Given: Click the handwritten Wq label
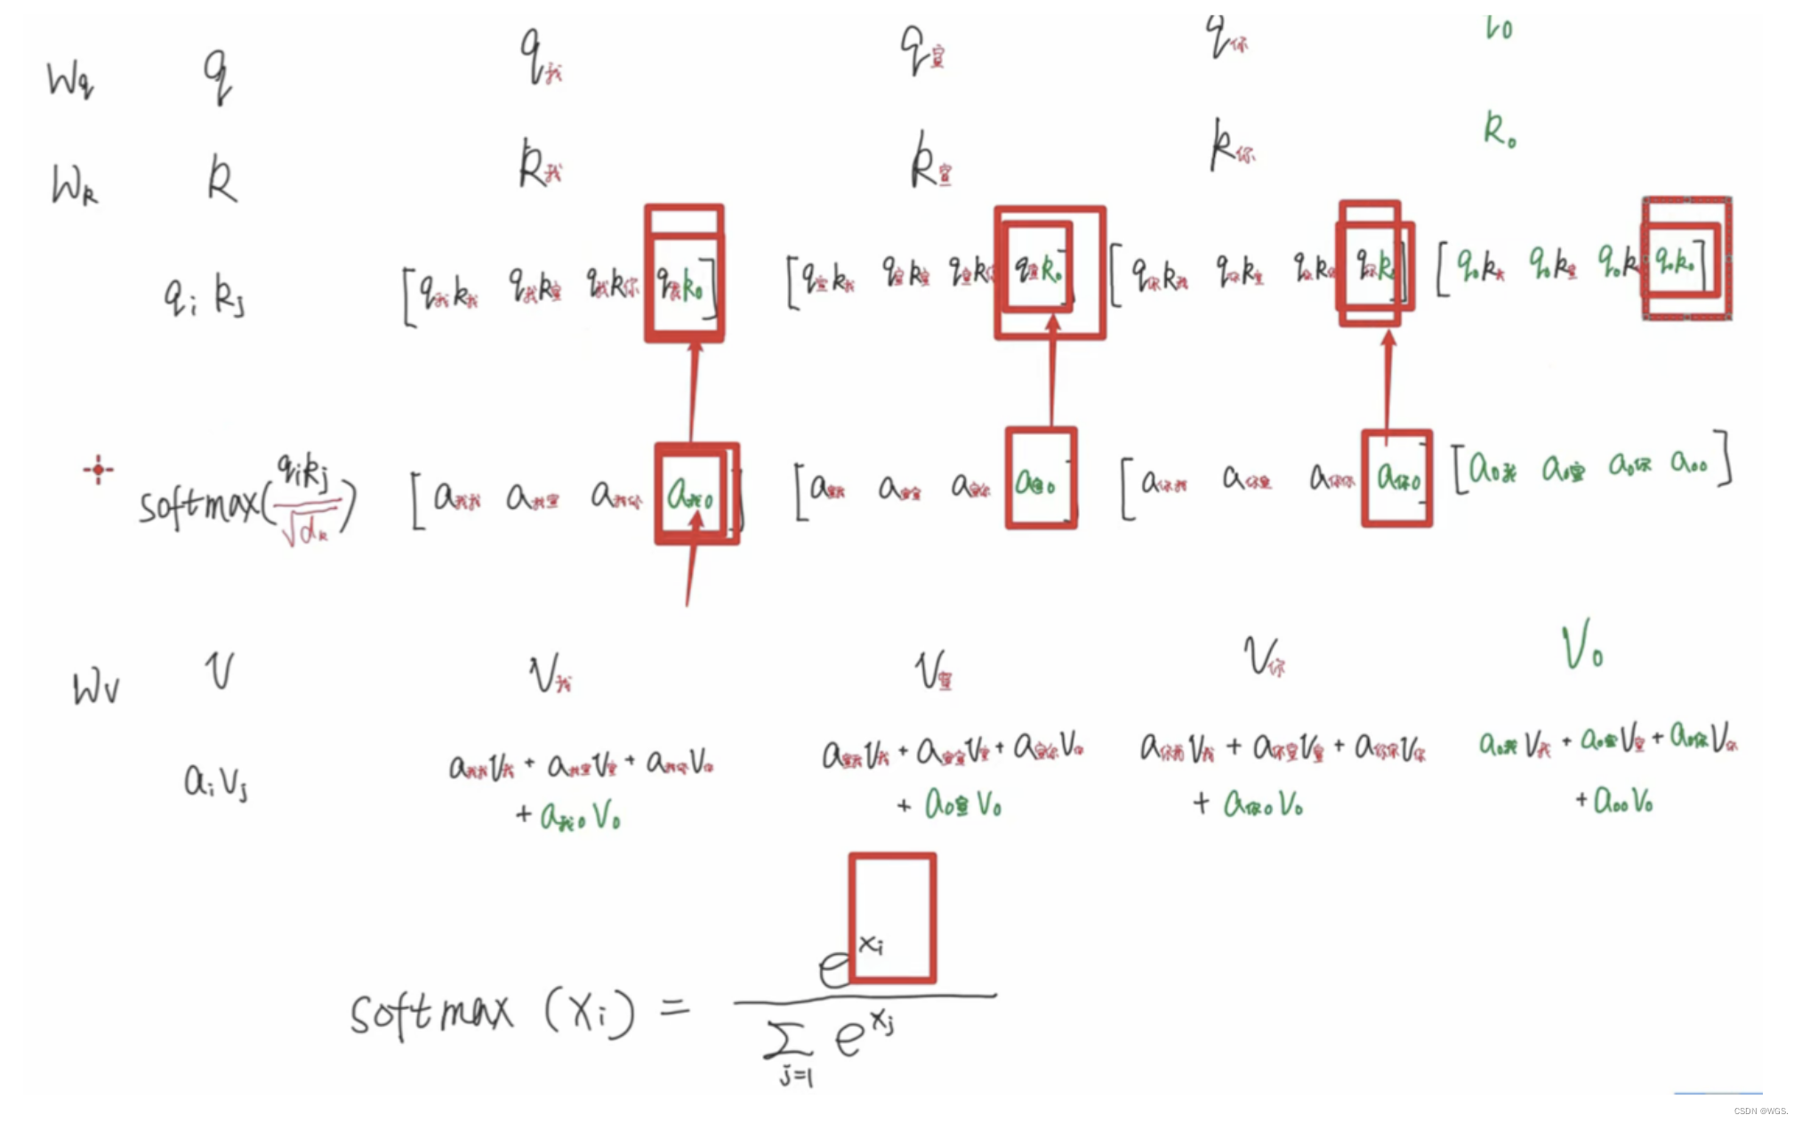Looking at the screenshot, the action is (70, 80).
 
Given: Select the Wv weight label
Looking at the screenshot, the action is (95, 688).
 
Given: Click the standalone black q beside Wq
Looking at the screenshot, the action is (217, 76).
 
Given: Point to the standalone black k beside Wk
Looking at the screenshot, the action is (221, 180).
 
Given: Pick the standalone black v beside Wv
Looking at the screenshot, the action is (220, 671).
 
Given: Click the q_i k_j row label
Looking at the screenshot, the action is (204, 296).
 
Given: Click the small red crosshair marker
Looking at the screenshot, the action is (98, 469).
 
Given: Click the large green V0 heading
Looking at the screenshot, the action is (1582, 646).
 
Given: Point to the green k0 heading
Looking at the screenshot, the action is (1500, 130).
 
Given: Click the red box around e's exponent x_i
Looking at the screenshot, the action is (892, 917).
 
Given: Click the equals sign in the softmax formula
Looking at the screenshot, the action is (674, 1008).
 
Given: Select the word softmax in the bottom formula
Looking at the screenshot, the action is (431, 1014).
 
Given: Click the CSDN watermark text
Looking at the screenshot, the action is (1760, 1111).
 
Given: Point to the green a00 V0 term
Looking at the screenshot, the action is (1623, 801).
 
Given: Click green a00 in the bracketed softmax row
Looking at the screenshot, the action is (1688, 463).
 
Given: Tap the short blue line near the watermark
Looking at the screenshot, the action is (1718, 1093).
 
